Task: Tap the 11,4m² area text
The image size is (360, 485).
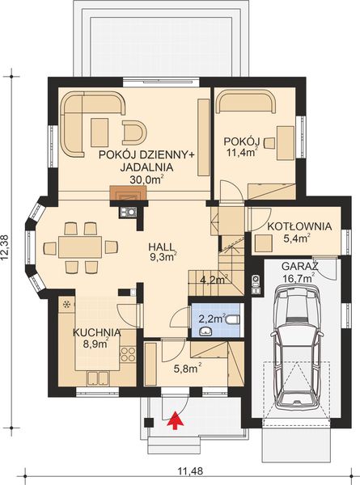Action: (x=241, y=153)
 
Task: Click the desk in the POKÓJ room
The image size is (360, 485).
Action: (x=286, y=140)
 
